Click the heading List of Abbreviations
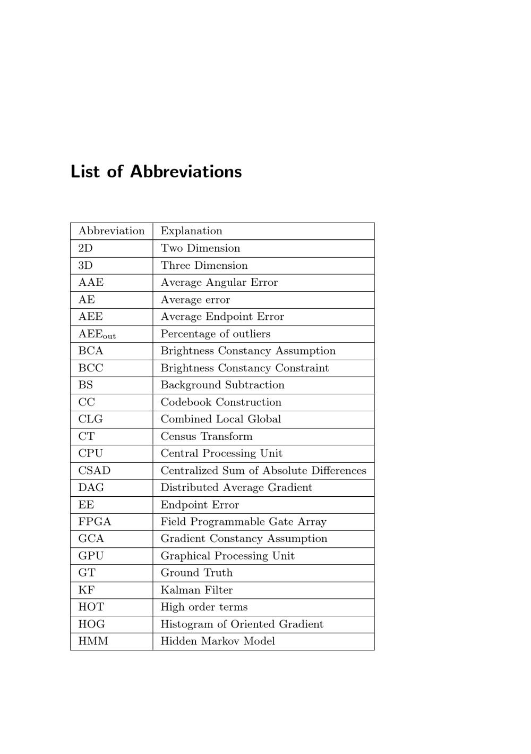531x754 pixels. pos(156,172)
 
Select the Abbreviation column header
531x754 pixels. pos(112,231)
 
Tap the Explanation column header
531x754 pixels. pos(191,231)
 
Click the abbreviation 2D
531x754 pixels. pos(85,248)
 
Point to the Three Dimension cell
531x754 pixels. pos(204,266)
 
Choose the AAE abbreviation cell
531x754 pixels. pos(91,283)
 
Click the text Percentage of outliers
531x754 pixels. pos(215,334)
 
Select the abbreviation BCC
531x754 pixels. pos(91,368)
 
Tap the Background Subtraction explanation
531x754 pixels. pos(222,385)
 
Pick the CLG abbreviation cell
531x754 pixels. pos(90,419)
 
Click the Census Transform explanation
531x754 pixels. pos(207,436)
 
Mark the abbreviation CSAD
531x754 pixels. pos(95,471)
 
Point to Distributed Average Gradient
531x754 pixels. pos(236,488)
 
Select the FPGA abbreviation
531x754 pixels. pos(95,522)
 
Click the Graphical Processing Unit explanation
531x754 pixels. pos(227,556)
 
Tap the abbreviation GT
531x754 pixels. pos(87,573)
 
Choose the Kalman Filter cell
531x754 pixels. pos(196,590)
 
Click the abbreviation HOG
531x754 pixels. pos(91,624)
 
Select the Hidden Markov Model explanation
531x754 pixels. pos(218,641)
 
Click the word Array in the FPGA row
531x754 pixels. pos(312,522)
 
